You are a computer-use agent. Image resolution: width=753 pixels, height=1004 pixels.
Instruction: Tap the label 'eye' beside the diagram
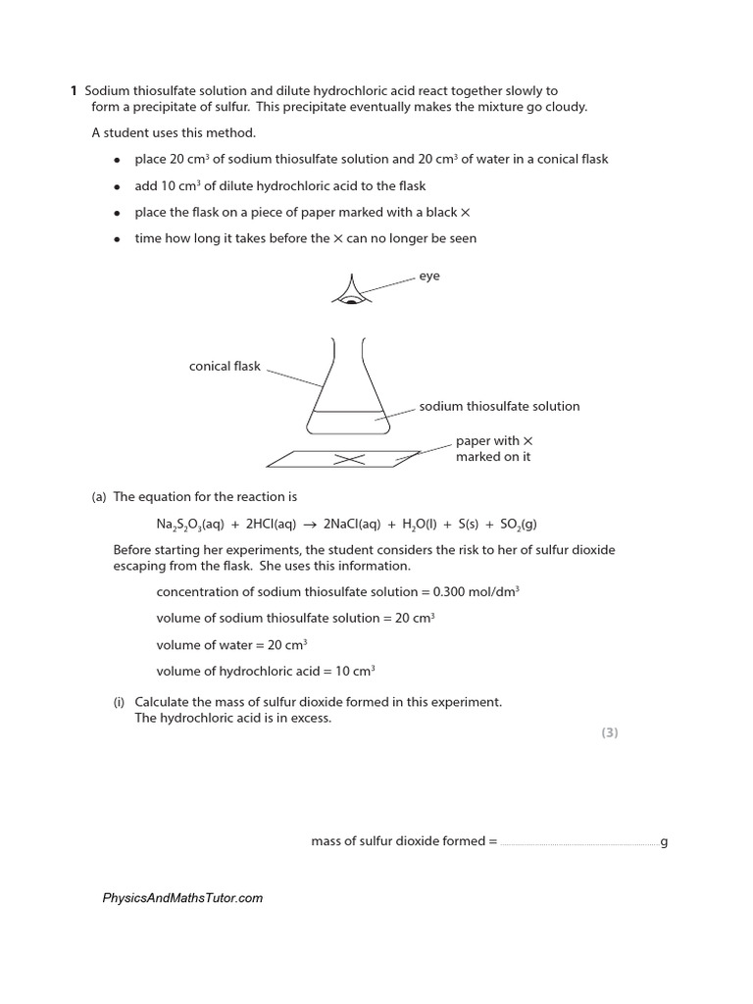point(429,276)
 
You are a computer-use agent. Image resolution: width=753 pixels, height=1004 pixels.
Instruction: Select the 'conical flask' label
point(225,367)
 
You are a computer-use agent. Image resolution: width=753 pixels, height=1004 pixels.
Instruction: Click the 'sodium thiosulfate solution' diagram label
point(499,406)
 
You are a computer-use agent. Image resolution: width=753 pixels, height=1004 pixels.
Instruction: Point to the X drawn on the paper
point(349,459)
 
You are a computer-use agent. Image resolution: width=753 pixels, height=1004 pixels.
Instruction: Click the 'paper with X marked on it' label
point(493,449)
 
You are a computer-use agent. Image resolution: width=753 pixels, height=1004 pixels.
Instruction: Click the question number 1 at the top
point(74,91)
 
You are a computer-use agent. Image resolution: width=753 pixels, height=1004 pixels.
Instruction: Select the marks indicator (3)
point(610,732)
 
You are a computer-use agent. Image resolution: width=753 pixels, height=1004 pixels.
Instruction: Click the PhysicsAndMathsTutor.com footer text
point(182,898)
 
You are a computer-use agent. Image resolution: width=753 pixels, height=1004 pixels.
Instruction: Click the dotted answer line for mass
point(578,843)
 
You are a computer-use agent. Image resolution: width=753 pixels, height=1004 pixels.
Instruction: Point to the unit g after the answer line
point(664,841)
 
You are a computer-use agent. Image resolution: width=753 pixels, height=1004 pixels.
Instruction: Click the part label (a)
point(99,497)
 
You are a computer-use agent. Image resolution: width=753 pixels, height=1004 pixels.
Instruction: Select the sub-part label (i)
point(120,702)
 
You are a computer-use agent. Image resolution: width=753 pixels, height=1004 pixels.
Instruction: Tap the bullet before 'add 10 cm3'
point(117,186)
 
